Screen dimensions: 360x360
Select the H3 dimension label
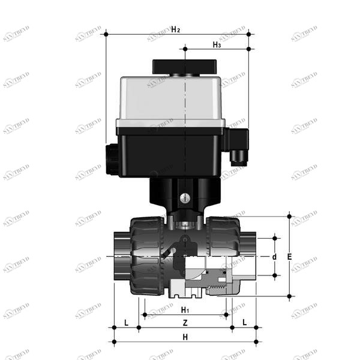point(217,44)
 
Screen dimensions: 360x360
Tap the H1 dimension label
point(185,310)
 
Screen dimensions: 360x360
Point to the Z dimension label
point(185,323)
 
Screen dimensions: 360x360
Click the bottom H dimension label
point(185,338)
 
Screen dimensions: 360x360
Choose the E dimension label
point(290,257)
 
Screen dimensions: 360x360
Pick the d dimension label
point(274,257)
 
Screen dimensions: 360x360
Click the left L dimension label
point(126,323)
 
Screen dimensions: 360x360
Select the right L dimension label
point(244,323)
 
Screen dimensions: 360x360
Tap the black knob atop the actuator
point(185,67)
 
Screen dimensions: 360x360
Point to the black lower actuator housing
point(171,153)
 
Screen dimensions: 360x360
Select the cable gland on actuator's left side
point(111,160)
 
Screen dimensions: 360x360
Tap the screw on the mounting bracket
point(185,197)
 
